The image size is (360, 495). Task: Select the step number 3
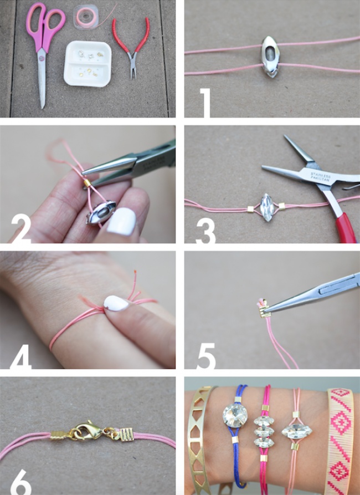click(205, 230)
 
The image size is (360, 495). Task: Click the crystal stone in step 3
click(267, 207)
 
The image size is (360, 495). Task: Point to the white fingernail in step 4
click(117, 303)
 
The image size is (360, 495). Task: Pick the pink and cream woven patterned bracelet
click(339, 438)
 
